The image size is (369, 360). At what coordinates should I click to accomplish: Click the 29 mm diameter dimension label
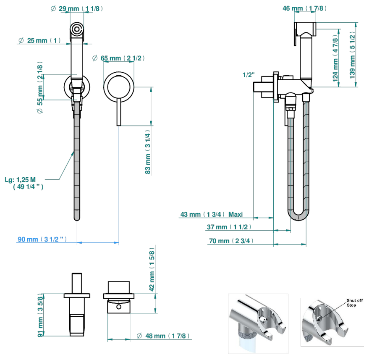[77, 9]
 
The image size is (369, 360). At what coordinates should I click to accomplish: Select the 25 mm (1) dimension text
[39, 40]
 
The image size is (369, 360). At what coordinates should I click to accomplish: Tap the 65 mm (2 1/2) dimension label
[118, 58]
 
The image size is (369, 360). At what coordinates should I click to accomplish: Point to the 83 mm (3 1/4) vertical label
[147, 152]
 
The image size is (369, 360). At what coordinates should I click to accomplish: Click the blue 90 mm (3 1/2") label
[42, 239]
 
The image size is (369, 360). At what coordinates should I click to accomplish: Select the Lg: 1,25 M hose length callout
[24, 183]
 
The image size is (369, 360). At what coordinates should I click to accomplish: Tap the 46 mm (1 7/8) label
[304, 8]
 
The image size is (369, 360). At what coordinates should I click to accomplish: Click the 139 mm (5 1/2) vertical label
[352, 55]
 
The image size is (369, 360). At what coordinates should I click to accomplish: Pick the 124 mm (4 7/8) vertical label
[335, 58]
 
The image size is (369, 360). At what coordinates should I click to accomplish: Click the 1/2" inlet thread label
[249, 75]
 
